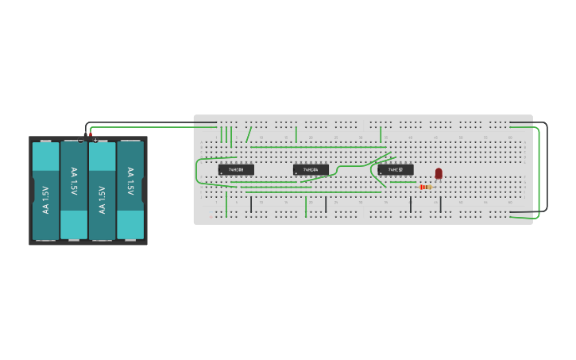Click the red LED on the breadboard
click(439, 173)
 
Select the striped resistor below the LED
click(425, 187)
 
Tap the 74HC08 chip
click(236, 169)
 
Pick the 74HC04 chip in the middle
click(311, 169)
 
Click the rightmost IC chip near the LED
click(396, 169)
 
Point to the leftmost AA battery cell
click(45, 191)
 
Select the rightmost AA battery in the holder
click(130, 191)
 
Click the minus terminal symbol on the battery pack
click(81, 141)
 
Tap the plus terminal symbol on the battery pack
click(95, 141)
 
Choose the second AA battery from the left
click(74, 191)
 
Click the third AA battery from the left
click(102, 191)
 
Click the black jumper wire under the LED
click(440, 204)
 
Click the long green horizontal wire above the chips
click(318, 147)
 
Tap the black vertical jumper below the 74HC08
click(251, 204)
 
